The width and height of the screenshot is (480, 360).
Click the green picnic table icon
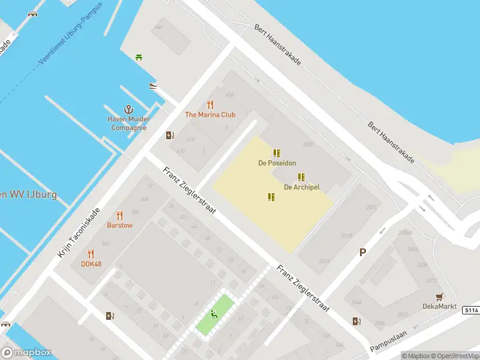pyautogui.click(x=140, y=57)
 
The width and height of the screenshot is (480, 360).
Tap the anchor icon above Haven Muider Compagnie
pyautogui.click(x=128, y=109)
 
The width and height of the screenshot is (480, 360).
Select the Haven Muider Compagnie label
pyautogui.click(x=127, y=123)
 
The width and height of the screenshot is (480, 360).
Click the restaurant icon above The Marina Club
pyautogui.click(x=210, y=104)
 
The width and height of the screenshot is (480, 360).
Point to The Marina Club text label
pyautogui.click(x=210, y=115)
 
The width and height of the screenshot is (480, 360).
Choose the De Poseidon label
pyautogui.click(x=277, y=163)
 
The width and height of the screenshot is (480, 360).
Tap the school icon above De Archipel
pyautogui.click(x=301, y=177)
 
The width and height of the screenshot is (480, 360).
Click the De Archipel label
pyautogui.click(x=301, y=187)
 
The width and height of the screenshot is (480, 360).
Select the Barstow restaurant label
pyautogui.click(x=119, y=226)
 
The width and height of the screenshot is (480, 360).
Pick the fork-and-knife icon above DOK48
pyautogui.click(x=91, y=254)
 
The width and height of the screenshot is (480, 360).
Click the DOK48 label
pyautogui.click(x=91, y=264)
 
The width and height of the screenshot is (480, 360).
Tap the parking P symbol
pyautogui.click(x=362, y=253)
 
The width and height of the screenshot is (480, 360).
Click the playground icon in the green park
pyautogui.click(x=213, y=314)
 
